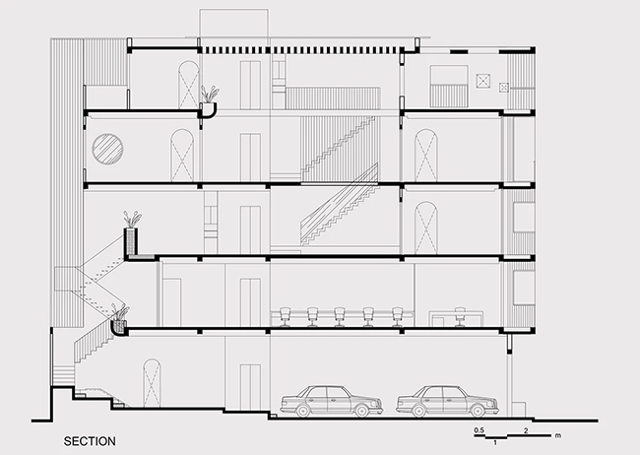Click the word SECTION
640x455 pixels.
90,441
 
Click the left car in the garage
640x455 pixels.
332,401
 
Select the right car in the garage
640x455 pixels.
447,401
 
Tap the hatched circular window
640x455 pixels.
107,149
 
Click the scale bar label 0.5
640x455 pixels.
480,430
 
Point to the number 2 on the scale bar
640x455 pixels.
526,430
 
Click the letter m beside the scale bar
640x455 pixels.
558,435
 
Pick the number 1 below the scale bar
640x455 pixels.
495,442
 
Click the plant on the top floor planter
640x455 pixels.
210,94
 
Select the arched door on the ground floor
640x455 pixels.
152,383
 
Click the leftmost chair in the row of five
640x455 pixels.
285,317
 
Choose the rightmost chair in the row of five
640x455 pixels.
397,317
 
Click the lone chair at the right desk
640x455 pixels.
460,317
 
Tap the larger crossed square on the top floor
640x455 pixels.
483,80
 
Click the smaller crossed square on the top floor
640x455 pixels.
504,88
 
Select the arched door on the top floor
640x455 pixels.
189,86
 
